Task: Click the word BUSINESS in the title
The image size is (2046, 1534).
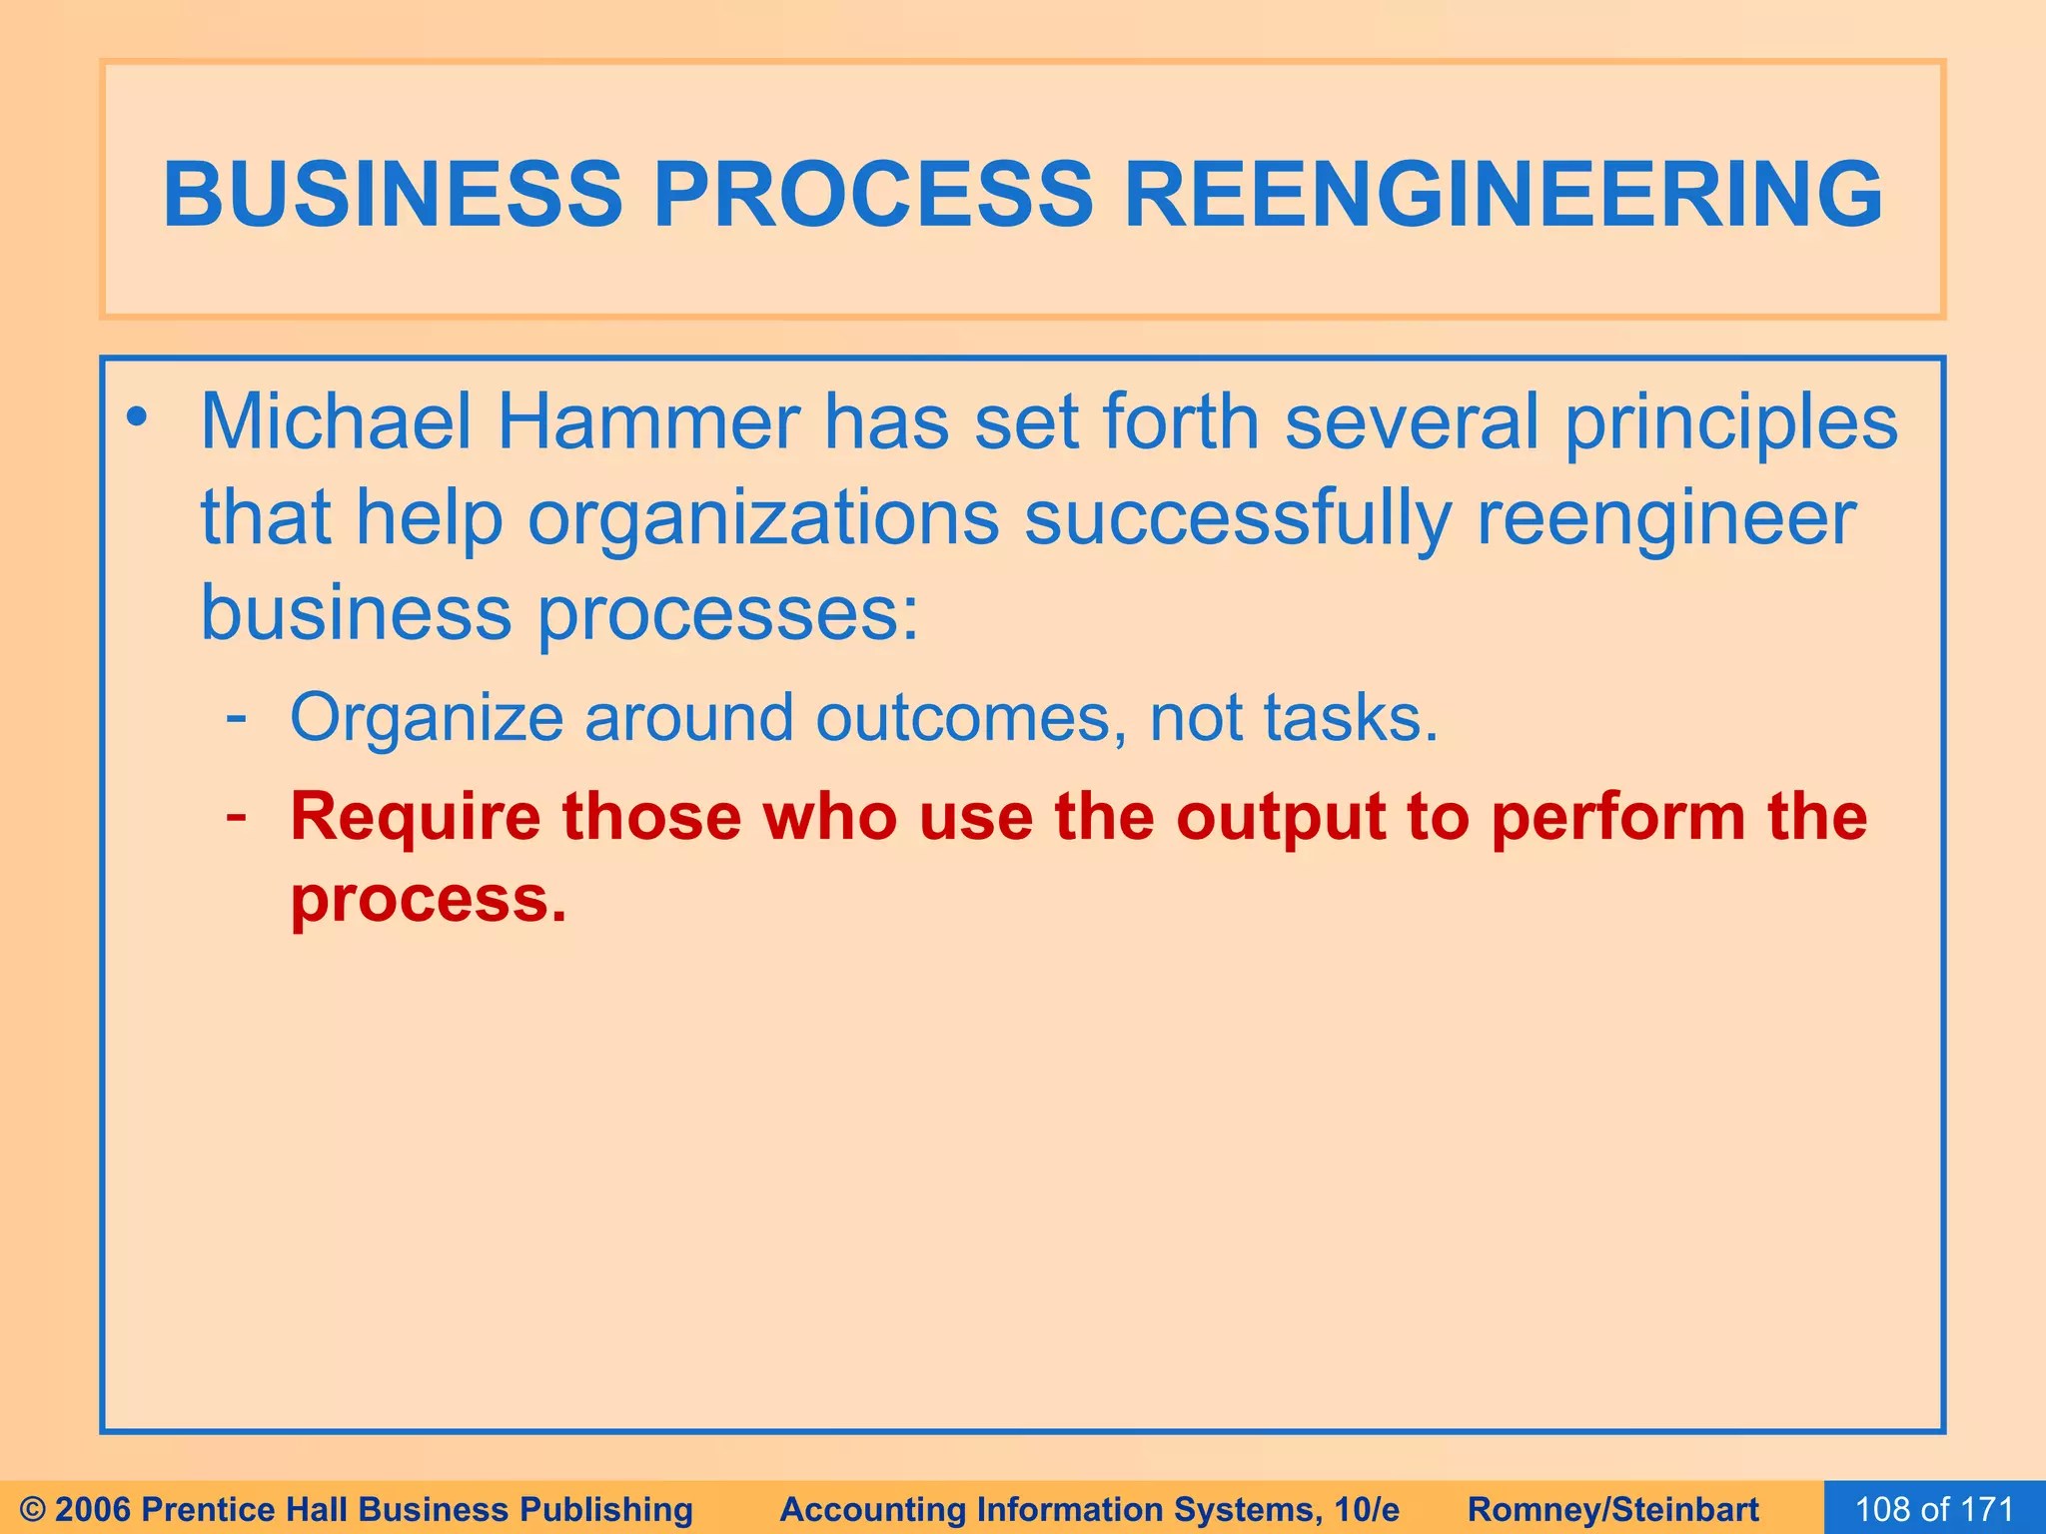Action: pos(393,194)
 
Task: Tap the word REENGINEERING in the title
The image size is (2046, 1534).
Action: pos(1503,194)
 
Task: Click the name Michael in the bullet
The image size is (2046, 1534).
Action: pos(336,421)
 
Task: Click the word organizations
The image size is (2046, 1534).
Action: pos(763,519)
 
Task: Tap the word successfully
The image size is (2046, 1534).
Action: pos(1237,519)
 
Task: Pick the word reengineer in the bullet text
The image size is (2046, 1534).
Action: pos(1665,519)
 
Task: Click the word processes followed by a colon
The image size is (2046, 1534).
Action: pos(727,615)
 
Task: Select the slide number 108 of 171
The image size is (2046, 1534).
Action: pos(1934,1509)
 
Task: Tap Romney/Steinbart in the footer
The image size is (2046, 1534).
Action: pos(1613,1509)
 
